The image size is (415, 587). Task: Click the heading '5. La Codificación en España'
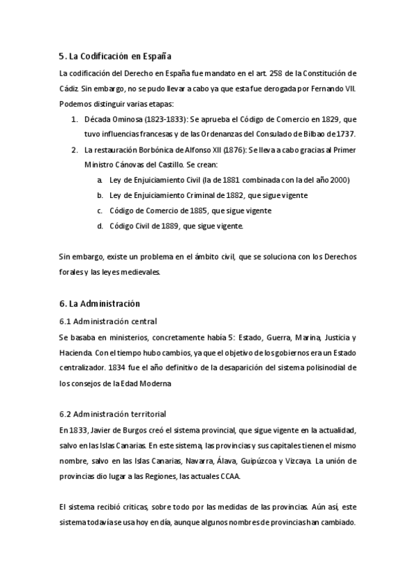coord(115,55)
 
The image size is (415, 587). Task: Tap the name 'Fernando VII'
coord(338,89)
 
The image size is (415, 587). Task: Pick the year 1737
coord(343,134)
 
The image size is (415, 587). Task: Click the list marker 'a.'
coord(100,180)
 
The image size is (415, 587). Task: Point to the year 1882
coord(233,195)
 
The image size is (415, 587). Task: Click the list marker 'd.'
coord(100,226)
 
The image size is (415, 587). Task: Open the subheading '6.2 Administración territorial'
coord(112,414)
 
